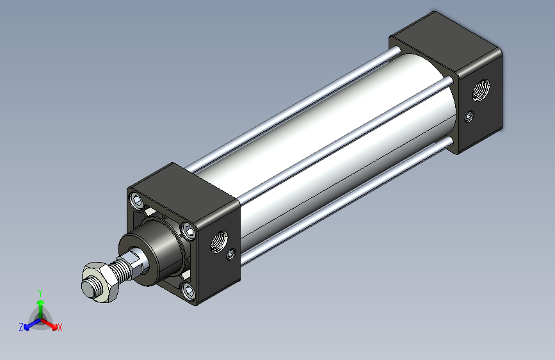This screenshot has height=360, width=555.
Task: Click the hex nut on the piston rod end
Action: coord(101,282)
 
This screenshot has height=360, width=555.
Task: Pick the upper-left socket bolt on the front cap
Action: coord(136,201)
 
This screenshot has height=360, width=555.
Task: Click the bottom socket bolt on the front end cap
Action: coord(188,291)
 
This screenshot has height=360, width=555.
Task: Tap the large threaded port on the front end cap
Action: coord(219,241)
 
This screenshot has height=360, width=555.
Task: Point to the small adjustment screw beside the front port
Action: coord(231,254)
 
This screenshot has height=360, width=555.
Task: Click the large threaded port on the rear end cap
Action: coord(481,90)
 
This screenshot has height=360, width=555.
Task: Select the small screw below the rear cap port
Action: coord(469,116)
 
